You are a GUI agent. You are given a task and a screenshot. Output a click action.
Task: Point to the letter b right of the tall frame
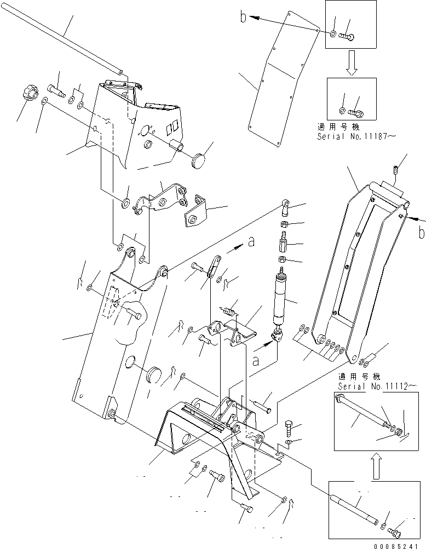tap(421, 233)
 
